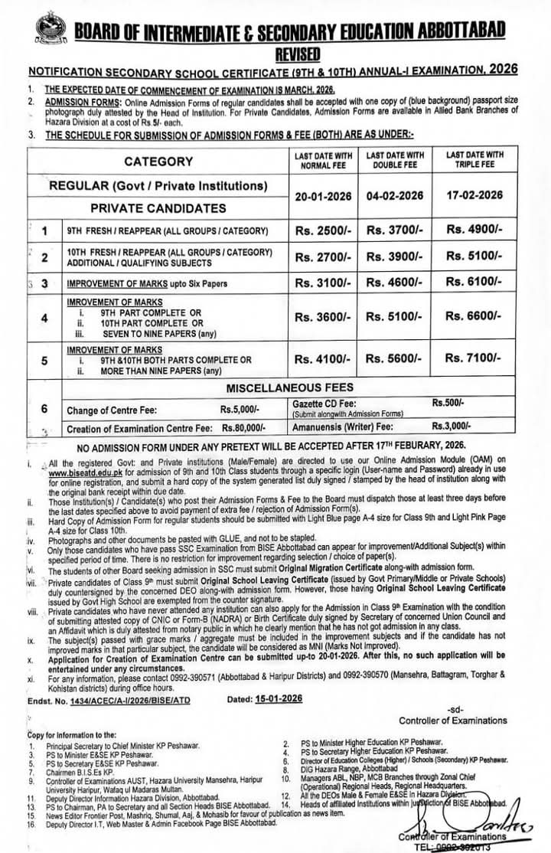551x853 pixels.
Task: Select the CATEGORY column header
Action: [158, 162]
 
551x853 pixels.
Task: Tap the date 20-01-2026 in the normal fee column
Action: [323, 195]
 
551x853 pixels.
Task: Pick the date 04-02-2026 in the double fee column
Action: [395, 195]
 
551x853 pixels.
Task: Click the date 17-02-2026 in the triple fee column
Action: [474, 194]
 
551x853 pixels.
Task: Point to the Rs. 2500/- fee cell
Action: [323, 229]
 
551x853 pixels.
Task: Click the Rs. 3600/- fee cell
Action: [323, 315]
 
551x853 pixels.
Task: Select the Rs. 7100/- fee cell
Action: [474, 358]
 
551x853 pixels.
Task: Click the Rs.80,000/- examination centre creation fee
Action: [243, 429]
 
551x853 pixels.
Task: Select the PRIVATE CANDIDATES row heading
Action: [158, 208]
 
